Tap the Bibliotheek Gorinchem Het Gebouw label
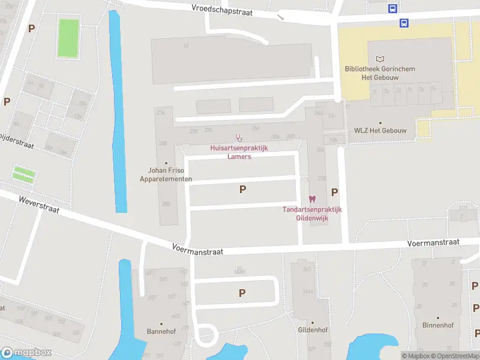click(380, 73)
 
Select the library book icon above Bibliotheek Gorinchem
click(379, 59)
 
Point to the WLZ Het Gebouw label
click(380, 131)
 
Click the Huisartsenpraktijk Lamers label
click(239, 152)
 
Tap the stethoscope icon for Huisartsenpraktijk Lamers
click(238, 138)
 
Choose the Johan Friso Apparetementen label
click(166, 175)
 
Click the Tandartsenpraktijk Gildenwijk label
click(312, 214)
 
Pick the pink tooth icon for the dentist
click(311, 199)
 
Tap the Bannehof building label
click(160, 331)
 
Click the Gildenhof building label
click(313, 330)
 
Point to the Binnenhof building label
click(438, 326)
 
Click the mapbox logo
click(26, 353)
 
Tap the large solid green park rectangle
click(69, 39)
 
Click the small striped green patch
click(24, 175)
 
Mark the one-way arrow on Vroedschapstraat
click(280, 17)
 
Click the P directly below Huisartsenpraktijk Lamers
click(242, 190)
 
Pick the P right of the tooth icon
click(335, 192)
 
